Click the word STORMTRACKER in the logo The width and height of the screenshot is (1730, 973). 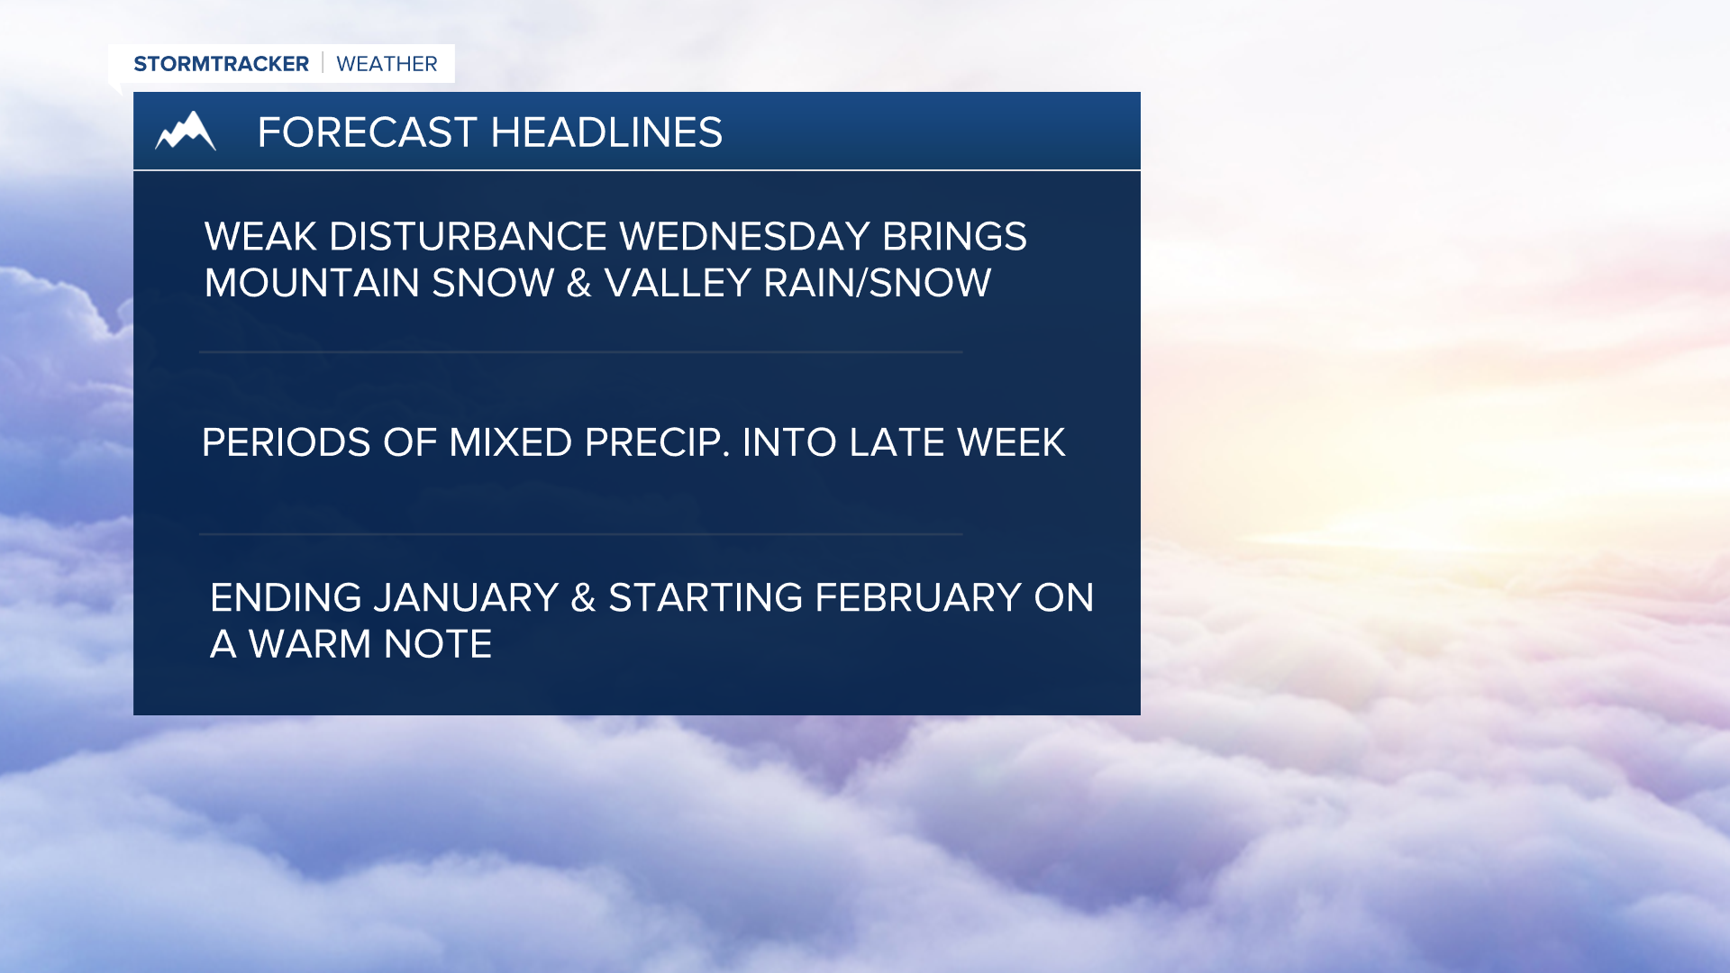(221, 64)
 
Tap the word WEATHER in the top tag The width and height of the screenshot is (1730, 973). (387, 64)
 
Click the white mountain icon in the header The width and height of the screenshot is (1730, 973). (186, 132)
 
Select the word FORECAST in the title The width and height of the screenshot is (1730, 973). (367, 132)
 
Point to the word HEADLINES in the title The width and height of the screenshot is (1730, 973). (606, 132)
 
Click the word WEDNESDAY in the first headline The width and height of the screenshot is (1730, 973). (744, 237)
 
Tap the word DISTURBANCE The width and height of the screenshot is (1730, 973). (468, 237)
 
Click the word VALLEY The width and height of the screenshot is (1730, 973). (678, 284)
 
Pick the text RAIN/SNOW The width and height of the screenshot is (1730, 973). (877, 284)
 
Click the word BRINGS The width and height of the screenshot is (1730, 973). (953, 237)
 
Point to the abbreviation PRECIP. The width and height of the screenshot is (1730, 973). (657, 443)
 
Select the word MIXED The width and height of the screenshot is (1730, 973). (510, 443)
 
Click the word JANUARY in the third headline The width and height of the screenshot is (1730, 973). (466, 598)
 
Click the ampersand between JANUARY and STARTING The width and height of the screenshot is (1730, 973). (583, 598)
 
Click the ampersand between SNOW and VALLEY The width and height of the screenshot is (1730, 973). (579, 284)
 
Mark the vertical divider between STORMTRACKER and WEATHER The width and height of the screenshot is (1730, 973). (323, 63)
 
